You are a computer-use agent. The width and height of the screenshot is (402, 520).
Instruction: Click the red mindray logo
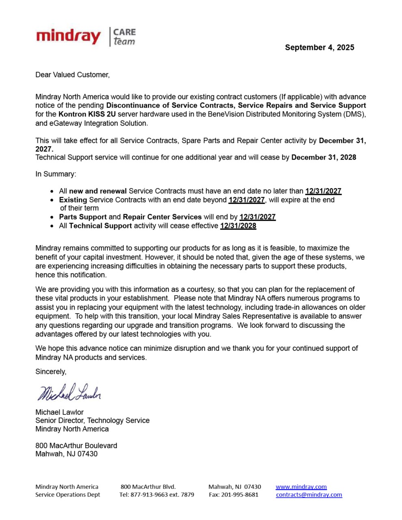[x=68, y=37]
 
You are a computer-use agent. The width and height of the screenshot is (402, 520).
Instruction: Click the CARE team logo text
[x=124, y=37]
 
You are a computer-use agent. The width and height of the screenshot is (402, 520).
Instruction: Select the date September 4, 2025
[x=319, y=48]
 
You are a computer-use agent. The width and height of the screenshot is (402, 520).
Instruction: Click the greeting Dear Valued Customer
[x=72, y=75]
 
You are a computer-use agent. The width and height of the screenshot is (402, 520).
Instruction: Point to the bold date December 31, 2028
[x=324, y=157]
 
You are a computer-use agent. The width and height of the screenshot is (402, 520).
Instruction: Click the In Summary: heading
[x=56, y=174]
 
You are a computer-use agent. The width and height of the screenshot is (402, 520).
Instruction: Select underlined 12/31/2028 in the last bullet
[x=238, y=226]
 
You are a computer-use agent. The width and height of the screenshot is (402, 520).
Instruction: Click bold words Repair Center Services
[x=162, y=217]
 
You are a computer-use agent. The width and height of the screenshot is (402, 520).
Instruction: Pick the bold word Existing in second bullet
[x=73, y=200]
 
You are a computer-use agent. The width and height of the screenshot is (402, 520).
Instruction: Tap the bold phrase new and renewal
[x=98, y=191]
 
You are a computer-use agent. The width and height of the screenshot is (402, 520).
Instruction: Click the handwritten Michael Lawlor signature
[x=69, y=392]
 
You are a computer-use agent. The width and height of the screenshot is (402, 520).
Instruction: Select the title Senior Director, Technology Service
[x=92, y=420]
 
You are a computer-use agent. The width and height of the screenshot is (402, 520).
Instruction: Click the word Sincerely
[x=51, y=372]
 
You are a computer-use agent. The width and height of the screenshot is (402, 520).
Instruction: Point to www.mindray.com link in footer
[x=301, y=487]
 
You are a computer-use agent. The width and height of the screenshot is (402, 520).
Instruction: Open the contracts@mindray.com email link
[x=309, y=495]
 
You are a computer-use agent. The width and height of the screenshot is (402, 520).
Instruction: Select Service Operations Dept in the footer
[x=67, y=495]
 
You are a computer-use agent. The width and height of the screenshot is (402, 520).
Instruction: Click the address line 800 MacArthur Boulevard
[x=76, y=446]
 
